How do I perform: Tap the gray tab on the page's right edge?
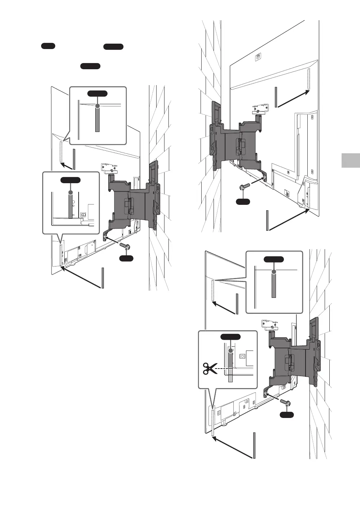point(350,160)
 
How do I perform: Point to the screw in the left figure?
point(125,246)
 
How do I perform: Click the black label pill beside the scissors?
point(230,337)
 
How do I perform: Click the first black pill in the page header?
point(48,46)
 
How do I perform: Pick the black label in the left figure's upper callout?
point(97,94)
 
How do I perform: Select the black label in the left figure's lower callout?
point(70,180)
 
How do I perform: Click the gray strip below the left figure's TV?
point(103,278)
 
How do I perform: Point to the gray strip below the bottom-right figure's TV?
point(254,445)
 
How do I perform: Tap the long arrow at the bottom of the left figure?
point(81,277)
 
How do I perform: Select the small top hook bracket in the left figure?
point(108,168)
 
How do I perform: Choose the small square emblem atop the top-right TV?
point(258,56)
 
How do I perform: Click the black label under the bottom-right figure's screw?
point(287,415)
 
